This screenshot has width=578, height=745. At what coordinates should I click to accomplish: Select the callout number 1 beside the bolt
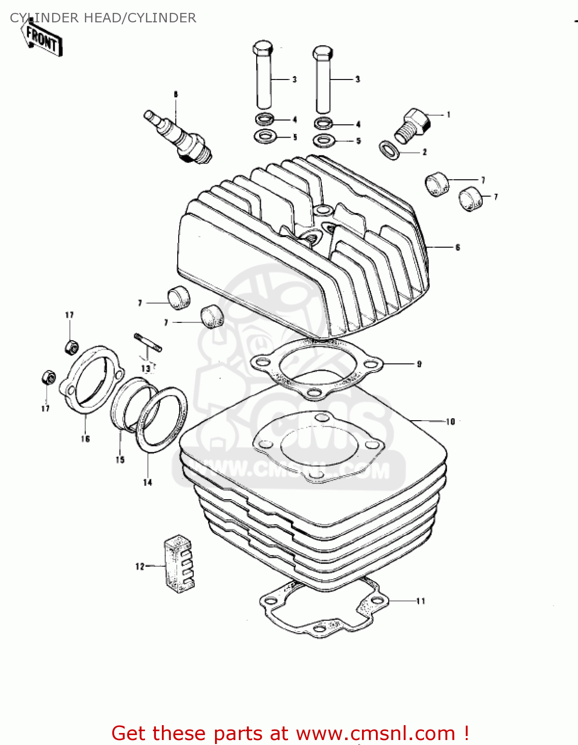pyautogui.click(x=448, y=115)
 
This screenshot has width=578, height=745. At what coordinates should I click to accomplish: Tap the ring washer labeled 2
pyautogui.click(x=389, y=149)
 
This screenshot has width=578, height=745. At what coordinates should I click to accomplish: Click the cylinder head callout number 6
pyautogui.click(x=457, y=247)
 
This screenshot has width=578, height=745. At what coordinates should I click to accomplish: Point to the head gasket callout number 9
pyautogui.click(x=419, y=364)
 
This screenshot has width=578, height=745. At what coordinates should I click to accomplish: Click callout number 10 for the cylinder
pyautogui.click(x=450, y=422)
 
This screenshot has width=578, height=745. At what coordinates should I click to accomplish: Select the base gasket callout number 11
pyautogui.click(x=421, y=601)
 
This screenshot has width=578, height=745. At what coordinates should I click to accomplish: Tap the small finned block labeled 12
pyautogui.click(x=179, y=565)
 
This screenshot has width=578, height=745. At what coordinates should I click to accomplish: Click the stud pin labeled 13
pyautogui.click(x=147, y=343)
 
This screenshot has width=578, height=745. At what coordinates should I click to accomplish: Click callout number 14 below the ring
pyautogui.click(x=147, y=482)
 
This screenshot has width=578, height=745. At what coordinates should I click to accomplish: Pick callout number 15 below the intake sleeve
pyautogui.click(x=120, y=459)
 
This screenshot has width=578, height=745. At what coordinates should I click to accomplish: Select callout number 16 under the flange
pyautogui.click(x=85, y=439)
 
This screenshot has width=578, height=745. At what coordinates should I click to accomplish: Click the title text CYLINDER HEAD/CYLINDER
pyautogui.click(x=103, y=18)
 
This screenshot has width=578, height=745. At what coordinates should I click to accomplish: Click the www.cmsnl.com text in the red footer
pyautogui.click(x=376, y=734)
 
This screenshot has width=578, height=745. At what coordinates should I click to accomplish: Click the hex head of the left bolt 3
pyautogui.click(x=263, y=49)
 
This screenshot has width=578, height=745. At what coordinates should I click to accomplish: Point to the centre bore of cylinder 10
pyautogui.click(x=319, y=445)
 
